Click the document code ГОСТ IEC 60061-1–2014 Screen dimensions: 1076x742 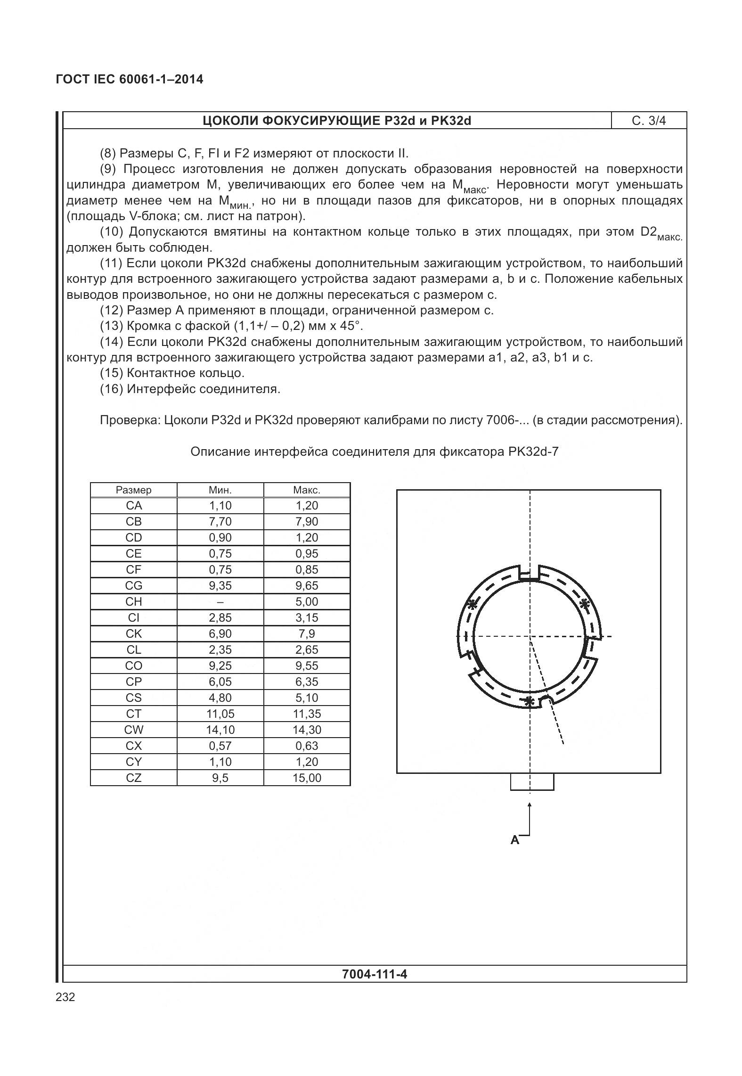pos(130,79)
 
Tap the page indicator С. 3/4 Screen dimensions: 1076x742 pos(649,121)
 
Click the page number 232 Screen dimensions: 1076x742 pos(65,997)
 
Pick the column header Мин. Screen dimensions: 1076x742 pos(220,490)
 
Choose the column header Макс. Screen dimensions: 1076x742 pos(307,490)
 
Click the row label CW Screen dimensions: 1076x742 pos(134,730)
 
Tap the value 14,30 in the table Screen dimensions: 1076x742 pos(307,730)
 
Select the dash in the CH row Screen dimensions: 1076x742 pos(220,601)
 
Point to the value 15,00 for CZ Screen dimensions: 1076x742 pos(307,778)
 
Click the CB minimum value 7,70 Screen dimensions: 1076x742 pos(220,521)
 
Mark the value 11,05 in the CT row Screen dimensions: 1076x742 pos(220,714)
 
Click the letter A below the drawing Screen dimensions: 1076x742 pos(515,839)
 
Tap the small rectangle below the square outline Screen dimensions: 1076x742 pos(532,782)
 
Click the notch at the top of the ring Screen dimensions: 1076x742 pos(529,574)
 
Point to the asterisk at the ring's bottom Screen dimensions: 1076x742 pos(530,701)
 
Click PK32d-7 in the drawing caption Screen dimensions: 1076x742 pos(533,452)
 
